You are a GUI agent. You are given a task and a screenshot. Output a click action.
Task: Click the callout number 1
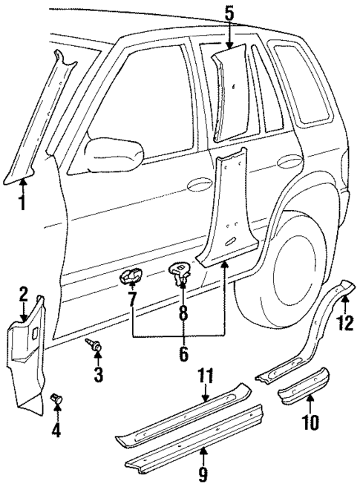23,201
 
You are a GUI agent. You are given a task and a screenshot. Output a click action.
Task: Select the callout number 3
98,374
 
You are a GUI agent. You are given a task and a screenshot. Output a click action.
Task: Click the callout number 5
229,13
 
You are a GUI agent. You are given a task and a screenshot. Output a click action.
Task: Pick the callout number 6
183,355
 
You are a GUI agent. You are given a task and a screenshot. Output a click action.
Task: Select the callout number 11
206,376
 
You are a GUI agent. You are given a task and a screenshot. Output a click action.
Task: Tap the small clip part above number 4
56,402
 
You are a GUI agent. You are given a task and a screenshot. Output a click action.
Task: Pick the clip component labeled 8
180,273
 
